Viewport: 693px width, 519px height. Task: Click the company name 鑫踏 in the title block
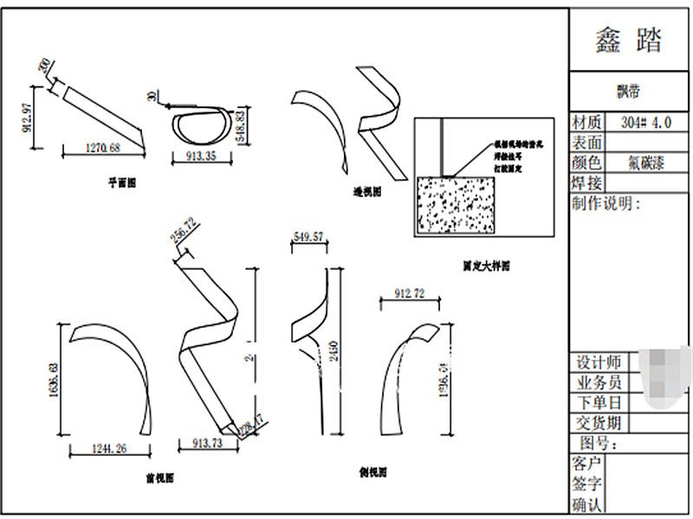pos(629,40)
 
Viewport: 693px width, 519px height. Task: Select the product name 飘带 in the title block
pos(629,90)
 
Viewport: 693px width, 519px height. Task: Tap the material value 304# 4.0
pos(646,122)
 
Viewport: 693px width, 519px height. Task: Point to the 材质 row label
pos(586,122)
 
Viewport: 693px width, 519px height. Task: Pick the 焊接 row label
pos(586,183)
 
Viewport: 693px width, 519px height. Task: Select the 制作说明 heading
pos(606,204)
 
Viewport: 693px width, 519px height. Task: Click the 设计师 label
pos(596,362)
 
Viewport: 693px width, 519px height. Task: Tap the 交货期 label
pos(596,423)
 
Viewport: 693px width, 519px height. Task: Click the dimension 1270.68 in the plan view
pos(102,150)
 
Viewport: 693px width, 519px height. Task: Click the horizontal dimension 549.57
pos(308,236)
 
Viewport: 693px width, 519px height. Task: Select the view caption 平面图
pos(121,183)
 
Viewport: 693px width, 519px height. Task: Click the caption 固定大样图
pos(485,266)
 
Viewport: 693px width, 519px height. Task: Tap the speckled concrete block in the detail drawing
pos(456,205)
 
